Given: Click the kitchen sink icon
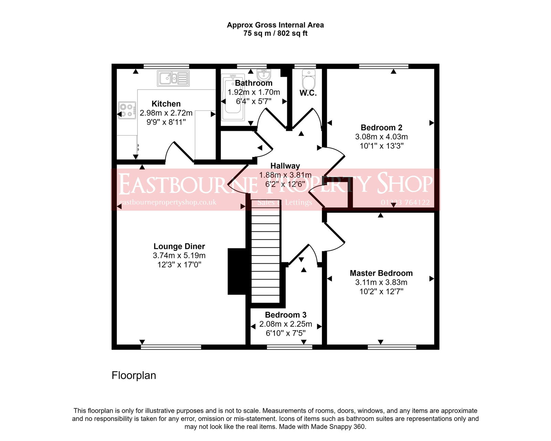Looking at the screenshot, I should pyautogui.click(x=173, y=78).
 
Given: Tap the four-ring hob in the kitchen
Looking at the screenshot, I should pyautogui.click(x=127, y=110).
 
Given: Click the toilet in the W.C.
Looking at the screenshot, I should pyautogui.click(x=308, y=80).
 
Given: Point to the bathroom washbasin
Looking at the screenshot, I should pyautogui.click(x=264, y=74).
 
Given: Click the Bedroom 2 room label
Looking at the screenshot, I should pyautogui.click(x=381, y=128).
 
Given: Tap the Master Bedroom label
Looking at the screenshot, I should pyautogui.click(x=381, y=273).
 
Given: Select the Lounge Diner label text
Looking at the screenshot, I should pyautogui.click(x=179, y=246).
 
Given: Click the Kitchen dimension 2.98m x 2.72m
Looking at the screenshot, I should pyautogui.click(x=166, y=113).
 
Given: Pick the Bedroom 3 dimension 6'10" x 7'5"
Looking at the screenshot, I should pyautogui.click(x=285, y=333).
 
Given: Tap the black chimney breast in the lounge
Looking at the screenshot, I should pyautogui.click(x=237, y=271).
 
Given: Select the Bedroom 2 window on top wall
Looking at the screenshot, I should pyautogui.click(x=383, y=66).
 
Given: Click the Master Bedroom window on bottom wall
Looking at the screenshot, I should pyautogui.click(x=392, y=347).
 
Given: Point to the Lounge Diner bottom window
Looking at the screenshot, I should pyautogui.click(x=171, y=347).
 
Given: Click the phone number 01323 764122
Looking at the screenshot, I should pyautogui.click(x=405, y=202).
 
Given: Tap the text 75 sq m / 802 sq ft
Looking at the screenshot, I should pyautogui.click(x=275, y=33).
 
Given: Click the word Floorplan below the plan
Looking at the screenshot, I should pyautogui.click(x=134, y=375).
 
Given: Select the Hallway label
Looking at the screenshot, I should pyautogui.click(x=285, y=166).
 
